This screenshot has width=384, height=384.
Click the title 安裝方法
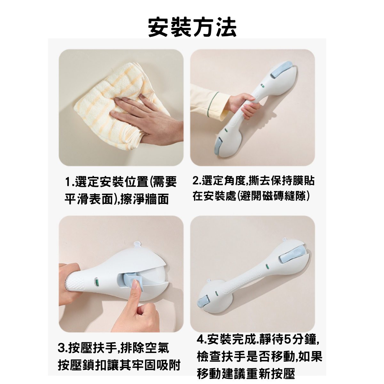point(192,27)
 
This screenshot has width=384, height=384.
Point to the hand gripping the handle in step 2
point(246,106)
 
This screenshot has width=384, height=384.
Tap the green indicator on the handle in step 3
point(95,282)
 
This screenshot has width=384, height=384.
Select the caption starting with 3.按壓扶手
point(114,348)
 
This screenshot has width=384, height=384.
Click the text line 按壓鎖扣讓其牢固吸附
point(119,365)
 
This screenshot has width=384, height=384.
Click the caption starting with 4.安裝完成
point(258,339)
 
